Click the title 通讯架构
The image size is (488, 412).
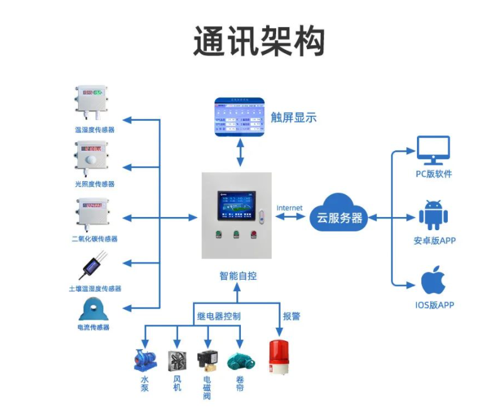coord(258,43)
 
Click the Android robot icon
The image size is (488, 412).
coord(433,215)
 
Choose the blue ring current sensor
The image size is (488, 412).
coord(92,310)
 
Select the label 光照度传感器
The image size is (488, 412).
coord(94,184)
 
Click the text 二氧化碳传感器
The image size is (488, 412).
coord(94,239)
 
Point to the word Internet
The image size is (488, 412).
coord(289,208)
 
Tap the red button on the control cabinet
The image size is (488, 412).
coord(254,237)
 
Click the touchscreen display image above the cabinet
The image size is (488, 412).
coord(239,116)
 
